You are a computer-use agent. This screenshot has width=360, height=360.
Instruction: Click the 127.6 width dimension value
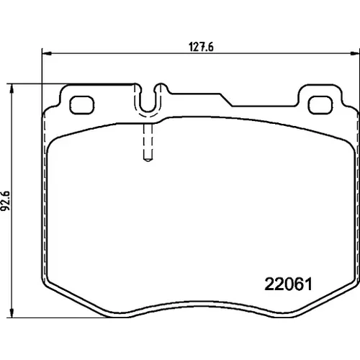click(201, 47)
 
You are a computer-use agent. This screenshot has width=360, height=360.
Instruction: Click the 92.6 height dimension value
click(5, 201)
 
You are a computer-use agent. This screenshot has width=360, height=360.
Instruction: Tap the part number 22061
click(288, 284)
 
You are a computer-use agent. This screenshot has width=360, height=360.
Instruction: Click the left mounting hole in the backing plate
click(81, 105)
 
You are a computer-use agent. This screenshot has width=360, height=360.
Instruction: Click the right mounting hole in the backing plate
click(320, 105)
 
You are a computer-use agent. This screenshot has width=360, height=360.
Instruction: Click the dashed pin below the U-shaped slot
click(148, 143)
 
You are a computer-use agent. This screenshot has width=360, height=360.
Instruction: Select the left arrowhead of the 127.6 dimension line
click(47, 53)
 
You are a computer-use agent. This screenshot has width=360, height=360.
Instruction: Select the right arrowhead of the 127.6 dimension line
click(354, 53)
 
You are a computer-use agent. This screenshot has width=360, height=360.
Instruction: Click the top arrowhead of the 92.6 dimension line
click(11, 89)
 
